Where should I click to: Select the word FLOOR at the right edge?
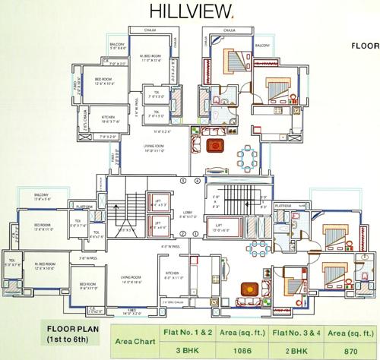[x=365, y=46]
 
